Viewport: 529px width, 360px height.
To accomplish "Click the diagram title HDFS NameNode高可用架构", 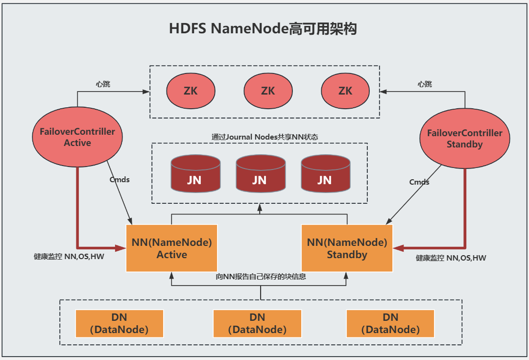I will [x=263, y=28].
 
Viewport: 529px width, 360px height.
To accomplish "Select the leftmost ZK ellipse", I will [x=191, y=91].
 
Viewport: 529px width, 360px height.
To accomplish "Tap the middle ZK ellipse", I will [x=267, y=91].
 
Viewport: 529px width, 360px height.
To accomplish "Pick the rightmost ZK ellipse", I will [x=345, y=91].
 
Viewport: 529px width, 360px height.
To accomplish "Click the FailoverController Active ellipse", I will [x=77, y=137].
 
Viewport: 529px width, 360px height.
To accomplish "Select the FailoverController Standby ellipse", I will [x=464, y=139].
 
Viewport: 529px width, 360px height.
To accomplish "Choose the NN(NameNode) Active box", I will [x=171, y=248].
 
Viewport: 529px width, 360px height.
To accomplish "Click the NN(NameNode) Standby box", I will [x=347, y=248].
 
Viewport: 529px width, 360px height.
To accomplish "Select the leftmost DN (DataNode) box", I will [x=119, y=324].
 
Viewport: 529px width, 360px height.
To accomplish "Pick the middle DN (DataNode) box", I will [x=257, y=324].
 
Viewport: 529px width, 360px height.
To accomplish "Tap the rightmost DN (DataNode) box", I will [x=390, y=324].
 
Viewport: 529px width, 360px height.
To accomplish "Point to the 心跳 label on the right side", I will [x=425, y=84].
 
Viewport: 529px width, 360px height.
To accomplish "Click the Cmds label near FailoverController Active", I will [x=120, y=179].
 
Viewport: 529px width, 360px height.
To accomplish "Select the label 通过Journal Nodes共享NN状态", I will [x=264, y=137].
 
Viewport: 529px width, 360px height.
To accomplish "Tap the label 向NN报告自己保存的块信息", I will [x=261, y=277].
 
